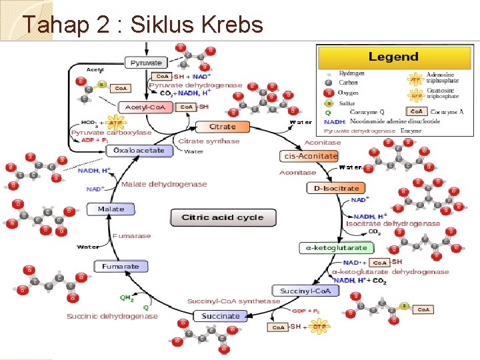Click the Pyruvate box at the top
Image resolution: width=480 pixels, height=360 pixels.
(x=146, y=63)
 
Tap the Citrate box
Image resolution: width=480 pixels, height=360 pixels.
(x=222, y=127)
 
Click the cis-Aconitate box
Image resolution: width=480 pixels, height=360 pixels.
(x=311, y=155)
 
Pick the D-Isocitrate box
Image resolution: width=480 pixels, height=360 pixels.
(x=337, y=188)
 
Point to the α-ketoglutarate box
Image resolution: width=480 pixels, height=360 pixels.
(x=336, y=247)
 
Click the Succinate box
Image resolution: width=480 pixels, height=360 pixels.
(x=221, y=315)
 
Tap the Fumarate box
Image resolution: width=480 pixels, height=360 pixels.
(x=121, y=266)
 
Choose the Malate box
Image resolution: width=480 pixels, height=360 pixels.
(x=111, y=209)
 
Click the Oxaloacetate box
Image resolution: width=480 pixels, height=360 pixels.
(x=139, y=151)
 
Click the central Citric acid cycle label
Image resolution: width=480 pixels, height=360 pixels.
(x=223, y=217)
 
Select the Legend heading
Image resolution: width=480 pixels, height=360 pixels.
(x=393, y=57)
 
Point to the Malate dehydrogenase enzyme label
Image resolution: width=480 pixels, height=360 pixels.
(x=164, y=184)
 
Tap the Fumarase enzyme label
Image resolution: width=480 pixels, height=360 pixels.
(x=132, y=235)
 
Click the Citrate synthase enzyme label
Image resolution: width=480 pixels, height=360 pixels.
(x=209, y=141)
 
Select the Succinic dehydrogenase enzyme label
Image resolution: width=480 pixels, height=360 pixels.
(x=112, y=315)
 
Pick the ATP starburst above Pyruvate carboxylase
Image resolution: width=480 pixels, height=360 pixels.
(x=115, y=123)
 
